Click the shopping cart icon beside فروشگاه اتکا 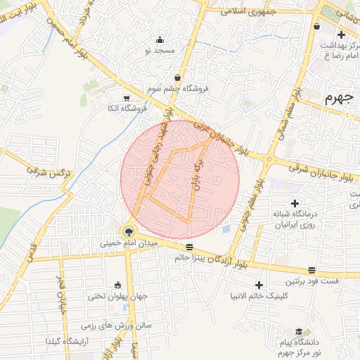click(x=126, y=98)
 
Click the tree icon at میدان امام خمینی click(x=128, y=230)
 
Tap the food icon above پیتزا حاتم click(x=189, y=247)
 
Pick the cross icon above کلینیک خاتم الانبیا click(x=260, y=285)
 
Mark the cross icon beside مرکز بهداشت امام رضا click(x=341, y=34)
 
